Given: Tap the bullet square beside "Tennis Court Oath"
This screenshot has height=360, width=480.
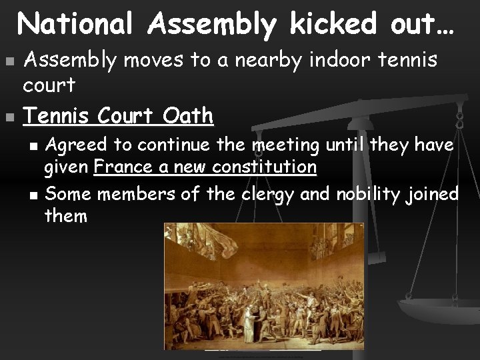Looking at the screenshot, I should [x=9, y=117].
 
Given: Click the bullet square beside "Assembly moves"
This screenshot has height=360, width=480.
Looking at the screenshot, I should [x=9, y=61].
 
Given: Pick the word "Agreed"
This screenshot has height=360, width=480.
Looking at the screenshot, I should [x=73, y=145].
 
